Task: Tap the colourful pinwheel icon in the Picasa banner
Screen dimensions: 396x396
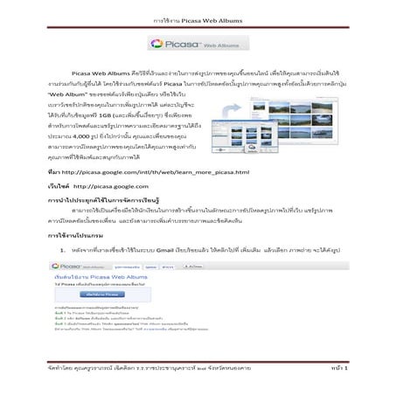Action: (x=157, y=44)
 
